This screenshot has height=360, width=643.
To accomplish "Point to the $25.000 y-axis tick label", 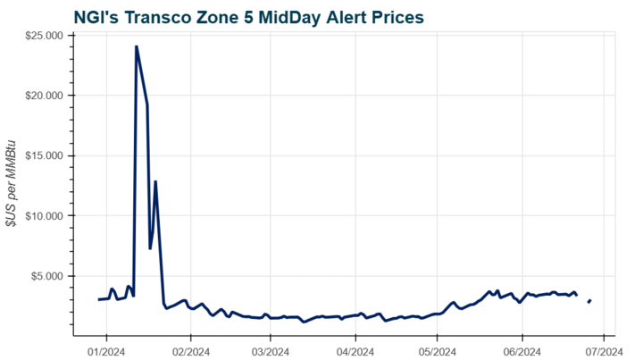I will [x=49, y=35].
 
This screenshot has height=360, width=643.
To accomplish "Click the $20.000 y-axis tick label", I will [x=49, y=96].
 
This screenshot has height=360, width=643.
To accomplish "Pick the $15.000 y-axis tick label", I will [x=49, y=155].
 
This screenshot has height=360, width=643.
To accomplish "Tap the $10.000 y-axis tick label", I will [x=49, y=216].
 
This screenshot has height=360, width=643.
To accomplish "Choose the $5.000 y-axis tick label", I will [x=52, y=276].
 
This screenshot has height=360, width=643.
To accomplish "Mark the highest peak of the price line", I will [x=136, y=46].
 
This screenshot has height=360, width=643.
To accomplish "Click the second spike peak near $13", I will [x=155, y=181].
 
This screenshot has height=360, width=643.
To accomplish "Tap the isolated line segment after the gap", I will [x=589, y=301].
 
